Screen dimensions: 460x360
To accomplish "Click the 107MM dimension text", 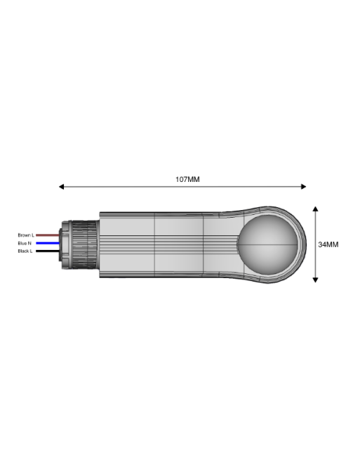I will tap(187, 179).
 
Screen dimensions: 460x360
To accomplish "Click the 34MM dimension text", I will tap(328, 244).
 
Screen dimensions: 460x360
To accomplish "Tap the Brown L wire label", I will tap(26, 235).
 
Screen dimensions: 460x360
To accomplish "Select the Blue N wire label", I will tap(25, 243).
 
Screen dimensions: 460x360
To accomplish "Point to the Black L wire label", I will tap(25, 251).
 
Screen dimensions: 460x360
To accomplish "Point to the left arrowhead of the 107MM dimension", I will tap(62, 187).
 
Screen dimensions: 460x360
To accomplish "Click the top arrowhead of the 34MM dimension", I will tap(316, 209).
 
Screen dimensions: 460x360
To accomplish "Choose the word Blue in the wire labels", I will tap(23, 243).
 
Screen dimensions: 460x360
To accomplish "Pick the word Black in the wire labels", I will tap(23, 251).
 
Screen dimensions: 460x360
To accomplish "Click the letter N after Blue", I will tap(30, 243).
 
